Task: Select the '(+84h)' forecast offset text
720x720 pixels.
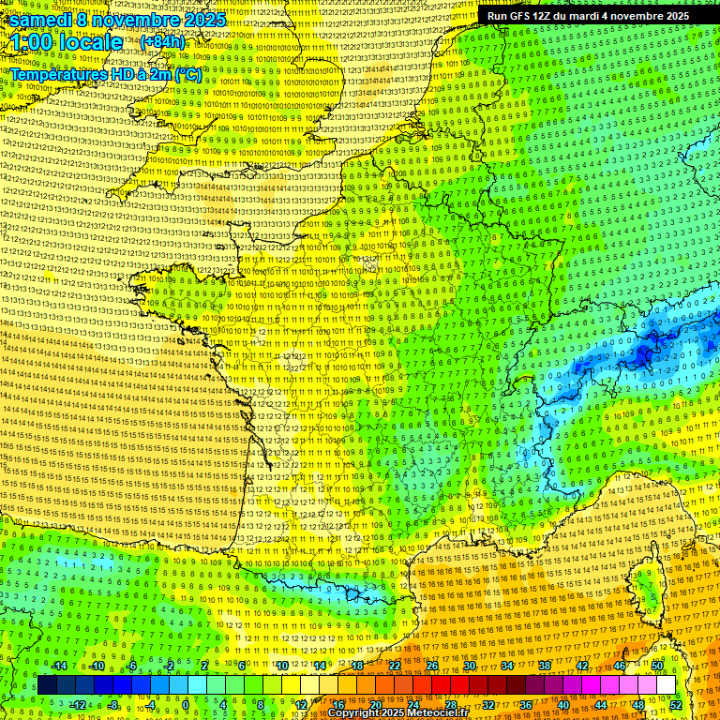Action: tap(162, 42)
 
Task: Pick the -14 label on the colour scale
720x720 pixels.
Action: tap(59, 666)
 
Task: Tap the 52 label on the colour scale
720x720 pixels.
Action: tap(677, 704)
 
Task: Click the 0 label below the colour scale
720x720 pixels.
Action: tap(186, 704)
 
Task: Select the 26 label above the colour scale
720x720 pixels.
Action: tap(432, 666)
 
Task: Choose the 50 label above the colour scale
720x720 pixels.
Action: tap(657, 666)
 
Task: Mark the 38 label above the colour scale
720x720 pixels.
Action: tap(545, 666)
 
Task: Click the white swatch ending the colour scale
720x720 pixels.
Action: tap(667, 685)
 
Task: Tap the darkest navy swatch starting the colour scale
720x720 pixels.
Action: tap(47, 685)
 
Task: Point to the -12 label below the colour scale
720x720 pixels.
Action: tap(78, 704)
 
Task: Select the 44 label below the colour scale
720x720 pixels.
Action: tap(601, 704)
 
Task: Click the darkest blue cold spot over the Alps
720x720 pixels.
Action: tap(643, 354)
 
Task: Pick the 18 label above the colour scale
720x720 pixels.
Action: tap(357, 666)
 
